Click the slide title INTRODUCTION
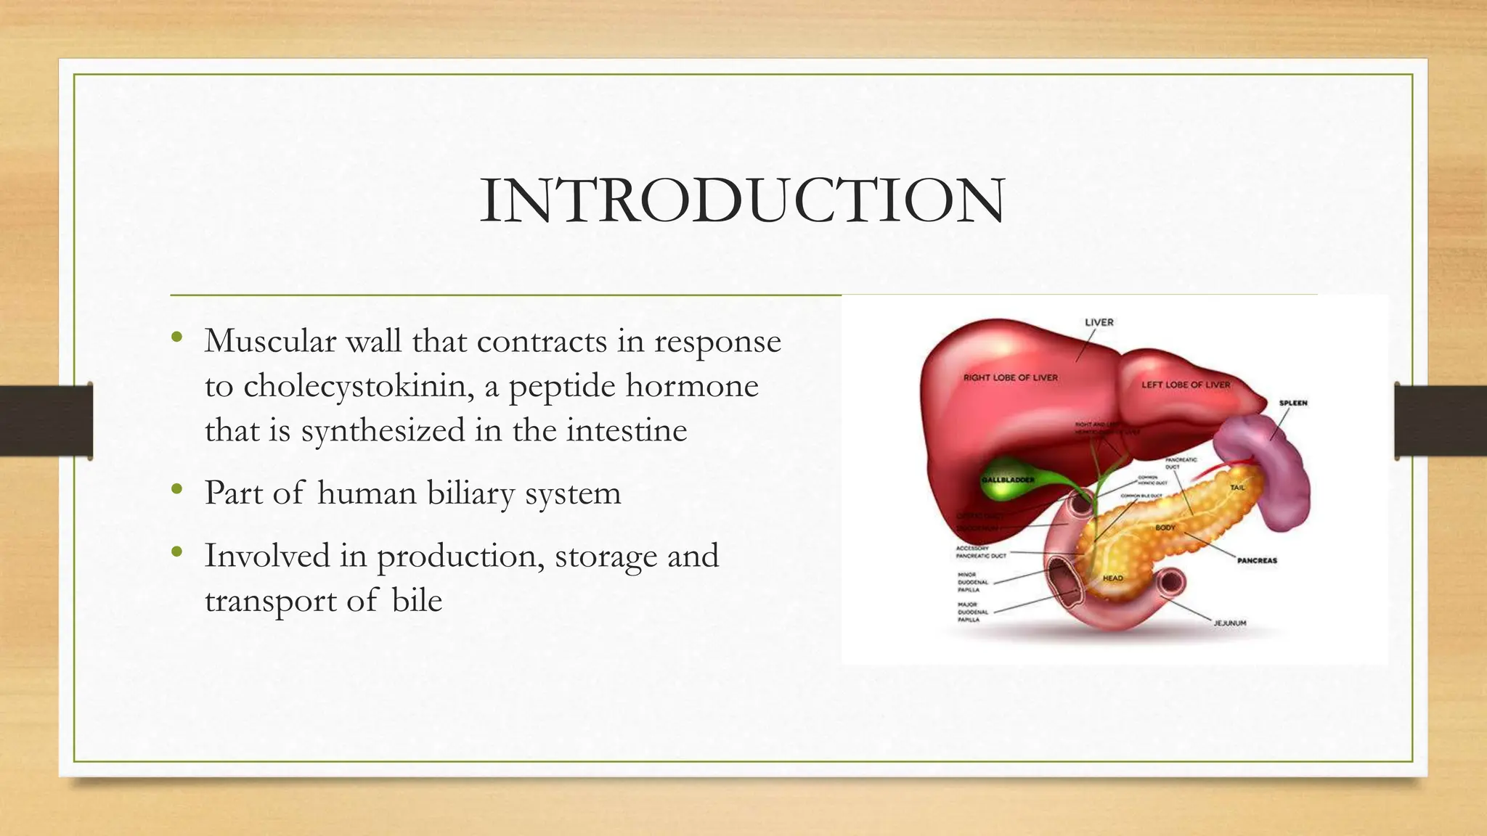[742, 200]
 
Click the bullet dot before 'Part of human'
[176, 491]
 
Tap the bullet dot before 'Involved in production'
[176, 553]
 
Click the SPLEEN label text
[1293, 403]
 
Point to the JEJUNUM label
[1230, 623]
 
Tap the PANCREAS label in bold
[1257, 560]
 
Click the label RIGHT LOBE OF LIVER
[1010, 377]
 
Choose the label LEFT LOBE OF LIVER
[1186, 385]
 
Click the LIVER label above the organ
[1099, 322]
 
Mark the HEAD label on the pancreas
[1112, 578]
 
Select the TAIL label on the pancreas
[1237, 488]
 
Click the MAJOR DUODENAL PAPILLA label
[968, 612]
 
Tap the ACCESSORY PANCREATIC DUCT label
[980, 552]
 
